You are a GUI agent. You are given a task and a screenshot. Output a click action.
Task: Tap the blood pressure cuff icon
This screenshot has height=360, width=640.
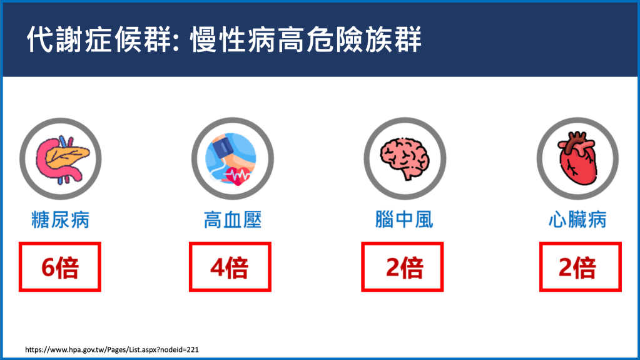(x=231, y=159)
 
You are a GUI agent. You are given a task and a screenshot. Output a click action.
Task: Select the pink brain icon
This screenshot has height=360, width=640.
(x=405, y=158)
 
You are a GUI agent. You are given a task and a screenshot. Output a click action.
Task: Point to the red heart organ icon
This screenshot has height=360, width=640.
(x=577, y=158)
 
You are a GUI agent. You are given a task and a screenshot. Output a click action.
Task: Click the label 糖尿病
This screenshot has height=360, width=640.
(x=61, y=220)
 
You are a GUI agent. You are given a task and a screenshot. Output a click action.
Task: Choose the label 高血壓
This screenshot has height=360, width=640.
(x=233, y=220)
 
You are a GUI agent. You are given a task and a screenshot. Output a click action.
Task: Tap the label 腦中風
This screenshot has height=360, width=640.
(x=404, y=220)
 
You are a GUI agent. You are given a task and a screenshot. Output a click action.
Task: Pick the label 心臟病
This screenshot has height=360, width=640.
(x=577, y=220)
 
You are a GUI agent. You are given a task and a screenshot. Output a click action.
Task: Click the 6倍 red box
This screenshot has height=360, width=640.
(x=59, y=267)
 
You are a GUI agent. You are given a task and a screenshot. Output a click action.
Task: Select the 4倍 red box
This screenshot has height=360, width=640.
(x=230, y=267)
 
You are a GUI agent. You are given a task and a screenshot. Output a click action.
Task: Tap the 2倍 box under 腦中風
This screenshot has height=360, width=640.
(x=402, y=267)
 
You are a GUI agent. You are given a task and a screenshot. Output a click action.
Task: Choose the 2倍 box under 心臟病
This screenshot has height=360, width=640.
(x=580, y=267)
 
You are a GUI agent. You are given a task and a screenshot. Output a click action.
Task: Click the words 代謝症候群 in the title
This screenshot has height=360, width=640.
(x=98, y=39)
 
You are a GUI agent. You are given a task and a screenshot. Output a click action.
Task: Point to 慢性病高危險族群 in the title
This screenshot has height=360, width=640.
(x=306, y=39)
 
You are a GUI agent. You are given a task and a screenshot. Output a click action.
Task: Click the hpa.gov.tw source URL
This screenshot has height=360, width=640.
(x=112, y=349)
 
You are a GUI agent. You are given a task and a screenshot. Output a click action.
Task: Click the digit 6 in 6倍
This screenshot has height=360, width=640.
(x=48, y=268)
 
